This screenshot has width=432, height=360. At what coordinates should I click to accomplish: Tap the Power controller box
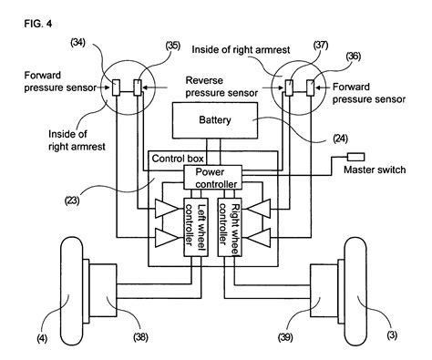coord(211,176)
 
